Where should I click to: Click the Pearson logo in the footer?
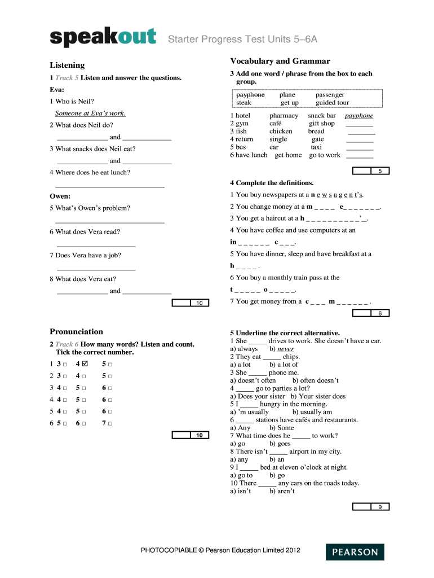tap(355, 552)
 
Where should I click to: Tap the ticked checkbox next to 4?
tap(85, 364)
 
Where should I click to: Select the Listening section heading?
tap(67, 65)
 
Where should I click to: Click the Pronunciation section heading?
tap(76, 331)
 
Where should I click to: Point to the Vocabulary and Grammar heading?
tap(280, 61)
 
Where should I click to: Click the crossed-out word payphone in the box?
tap(250, 95)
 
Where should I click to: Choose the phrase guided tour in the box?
tap(333, 103)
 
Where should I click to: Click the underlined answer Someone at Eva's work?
tap(90, 113)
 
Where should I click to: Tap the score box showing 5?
tap(380, 171)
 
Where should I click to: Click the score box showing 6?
tap(380, 313)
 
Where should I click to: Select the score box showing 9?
tap(380, 507)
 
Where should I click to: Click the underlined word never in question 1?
tap(286, 349)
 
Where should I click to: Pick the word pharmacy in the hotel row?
tap(284, 116)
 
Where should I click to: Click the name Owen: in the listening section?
tap(60, 196)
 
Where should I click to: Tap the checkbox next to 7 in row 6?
tap(110, 423)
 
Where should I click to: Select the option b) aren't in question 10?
tap(282, 491)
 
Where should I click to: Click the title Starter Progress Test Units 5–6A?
tap(242, 39)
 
